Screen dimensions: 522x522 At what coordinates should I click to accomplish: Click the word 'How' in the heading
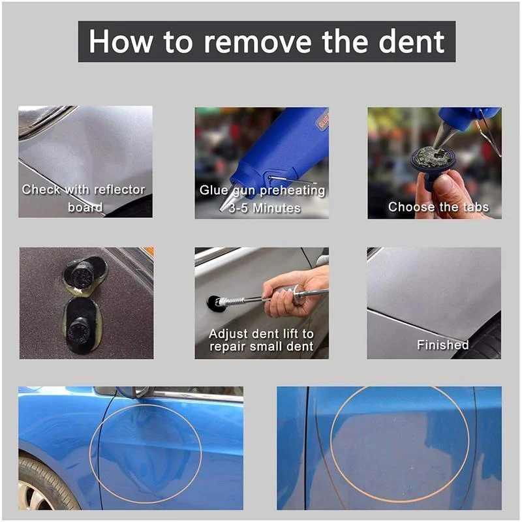(x=121, y=41)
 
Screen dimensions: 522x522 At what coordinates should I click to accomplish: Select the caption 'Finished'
(x=442, y=345)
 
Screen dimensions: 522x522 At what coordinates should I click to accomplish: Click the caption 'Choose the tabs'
(x=438, y=207)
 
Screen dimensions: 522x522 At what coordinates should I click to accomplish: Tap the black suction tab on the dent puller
(x=212, y=303)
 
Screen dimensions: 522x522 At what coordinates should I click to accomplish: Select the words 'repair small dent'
(x=261, y=346)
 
